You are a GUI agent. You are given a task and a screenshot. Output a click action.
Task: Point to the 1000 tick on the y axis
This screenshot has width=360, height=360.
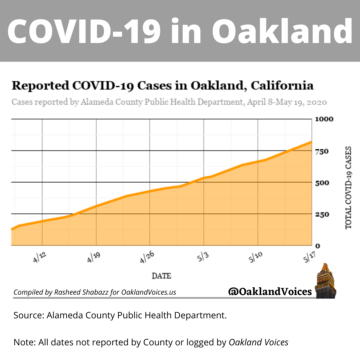324,119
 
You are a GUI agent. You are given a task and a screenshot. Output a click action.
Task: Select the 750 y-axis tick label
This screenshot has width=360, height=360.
322,151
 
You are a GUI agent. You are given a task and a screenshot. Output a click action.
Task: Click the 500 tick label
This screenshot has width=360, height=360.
322,183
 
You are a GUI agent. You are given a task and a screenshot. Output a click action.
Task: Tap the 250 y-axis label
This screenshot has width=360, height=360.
322,214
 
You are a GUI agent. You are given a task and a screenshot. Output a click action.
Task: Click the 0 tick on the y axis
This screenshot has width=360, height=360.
318,246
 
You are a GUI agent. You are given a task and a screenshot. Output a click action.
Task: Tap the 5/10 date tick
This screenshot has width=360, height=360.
255,257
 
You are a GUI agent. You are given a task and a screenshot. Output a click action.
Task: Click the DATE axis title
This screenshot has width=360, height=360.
161,276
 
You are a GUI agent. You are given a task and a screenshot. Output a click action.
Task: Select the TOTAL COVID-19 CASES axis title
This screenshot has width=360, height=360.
348,188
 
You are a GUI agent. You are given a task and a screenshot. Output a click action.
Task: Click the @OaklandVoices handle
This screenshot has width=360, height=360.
270,292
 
